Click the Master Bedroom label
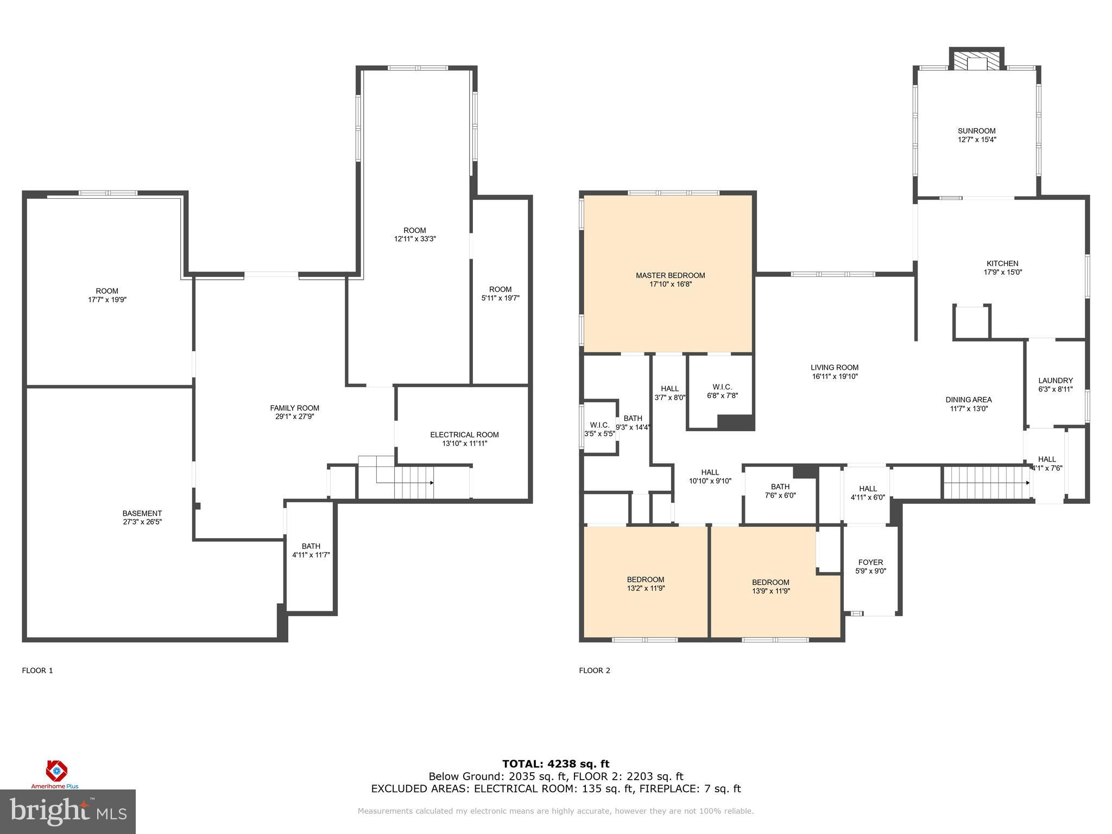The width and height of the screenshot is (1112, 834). [x=670, y=276]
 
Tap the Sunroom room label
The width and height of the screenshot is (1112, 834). [x=976, y=131]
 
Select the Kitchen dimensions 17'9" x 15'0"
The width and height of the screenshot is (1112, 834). [x=1002, y=273]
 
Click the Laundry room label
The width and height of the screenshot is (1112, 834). [x=1055, y=381]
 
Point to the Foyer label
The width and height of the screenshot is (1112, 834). [x=870, y=563]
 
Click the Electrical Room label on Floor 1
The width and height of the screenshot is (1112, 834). [x=464, y=435]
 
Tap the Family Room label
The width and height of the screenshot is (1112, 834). [x=294, y=408]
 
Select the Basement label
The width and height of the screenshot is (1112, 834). [x=142, y=514]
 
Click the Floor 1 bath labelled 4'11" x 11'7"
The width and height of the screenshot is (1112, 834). [x=311, y=551]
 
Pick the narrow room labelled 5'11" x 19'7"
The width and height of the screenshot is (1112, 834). [x=500, y=294]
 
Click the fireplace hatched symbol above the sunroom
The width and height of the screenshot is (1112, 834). [x=976, y=61]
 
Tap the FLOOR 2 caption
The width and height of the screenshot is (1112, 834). [x=594, y=671]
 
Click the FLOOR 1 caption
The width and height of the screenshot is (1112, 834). [x=37, y=671]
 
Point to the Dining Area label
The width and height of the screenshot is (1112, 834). [x=968, y=400]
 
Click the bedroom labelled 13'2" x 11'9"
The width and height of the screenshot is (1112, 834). [x=645, y=584]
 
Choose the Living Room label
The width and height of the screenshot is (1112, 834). [x=835, y=368]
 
